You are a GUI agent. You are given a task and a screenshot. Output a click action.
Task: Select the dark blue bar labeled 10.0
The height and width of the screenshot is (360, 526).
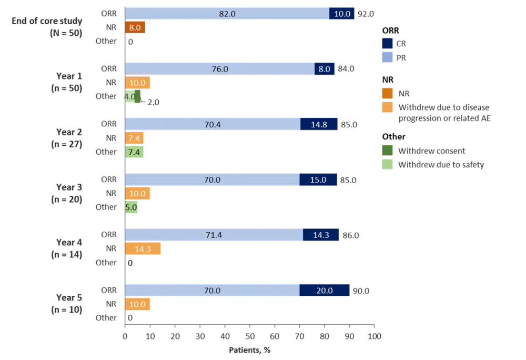coord(342,14)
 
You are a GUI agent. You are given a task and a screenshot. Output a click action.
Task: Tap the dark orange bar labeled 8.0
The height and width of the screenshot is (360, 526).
coord(136,28)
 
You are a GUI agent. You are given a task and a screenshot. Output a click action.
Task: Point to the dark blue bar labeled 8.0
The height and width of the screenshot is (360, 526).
coord(325,69)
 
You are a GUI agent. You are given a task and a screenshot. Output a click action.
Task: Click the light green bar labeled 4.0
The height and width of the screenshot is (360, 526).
coord(130,97)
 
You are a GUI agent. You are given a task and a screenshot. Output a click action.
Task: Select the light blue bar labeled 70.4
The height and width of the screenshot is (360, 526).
coord(213,124)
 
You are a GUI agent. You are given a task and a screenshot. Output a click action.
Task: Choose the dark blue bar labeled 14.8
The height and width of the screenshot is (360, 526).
coord(319,124)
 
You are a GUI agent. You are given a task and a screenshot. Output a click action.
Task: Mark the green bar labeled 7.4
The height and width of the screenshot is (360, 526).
coord(135,152)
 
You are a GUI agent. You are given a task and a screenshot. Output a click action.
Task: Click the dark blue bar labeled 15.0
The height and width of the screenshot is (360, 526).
coord(319,180)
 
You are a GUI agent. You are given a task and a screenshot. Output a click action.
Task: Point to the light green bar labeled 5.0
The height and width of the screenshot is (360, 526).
coord(131,207)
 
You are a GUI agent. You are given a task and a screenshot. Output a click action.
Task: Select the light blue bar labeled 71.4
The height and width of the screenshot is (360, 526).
coord(214,235)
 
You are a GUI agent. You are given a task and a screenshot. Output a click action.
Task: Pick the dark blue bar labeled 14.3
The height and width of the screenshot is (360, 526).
coord(321,235)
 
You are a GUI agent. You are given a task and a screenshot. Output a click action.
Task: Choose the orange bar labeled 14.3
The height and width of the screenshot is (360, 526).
coord(144,249)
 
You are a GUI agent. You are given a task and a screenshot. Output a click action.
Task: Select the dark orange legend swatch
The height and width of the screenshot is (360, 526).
coord(387,93)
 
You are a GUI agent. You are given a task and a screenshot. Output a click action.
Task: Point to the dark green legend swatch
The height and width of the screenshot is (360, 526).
coord(387,151)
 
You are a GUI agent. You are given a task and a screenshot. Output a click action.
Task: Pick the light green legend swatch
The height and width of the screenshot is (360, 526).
coord(387,164)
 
